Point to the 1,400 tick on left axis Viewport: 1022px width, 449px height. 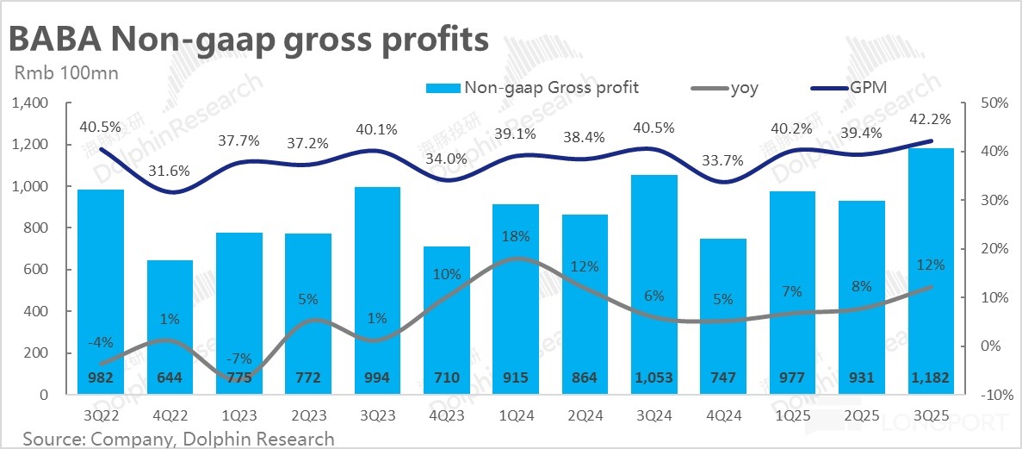tap(33, 103)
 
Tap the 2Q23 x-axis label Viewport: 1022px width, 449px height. tap(307, 415)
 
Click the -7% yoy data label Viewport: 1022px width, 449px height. tap(239, 359)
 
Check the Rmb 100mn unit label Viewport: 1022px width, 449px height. tap(66, 72)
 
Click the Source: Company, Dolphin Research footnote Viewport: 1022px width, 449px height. tap(178, 439)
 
